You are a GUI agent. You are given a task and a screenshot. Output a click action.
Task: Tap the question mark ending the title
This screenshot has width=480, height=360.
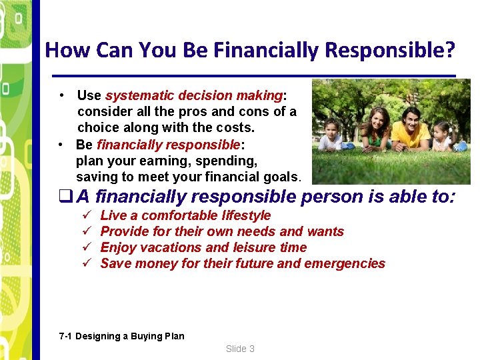tap(451, 50)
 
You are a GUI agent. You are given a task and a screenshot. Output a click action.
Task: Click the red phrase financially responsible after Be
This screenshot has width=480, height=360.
tap(168, 145)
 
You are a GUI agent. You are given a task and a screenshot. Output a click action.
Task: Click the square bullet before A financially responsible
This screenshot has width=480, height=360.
tap(65, 197)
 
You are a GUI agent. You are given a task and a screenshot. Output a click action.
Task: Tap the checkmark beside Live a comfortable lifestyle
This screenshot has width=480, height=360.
tap(86, 215)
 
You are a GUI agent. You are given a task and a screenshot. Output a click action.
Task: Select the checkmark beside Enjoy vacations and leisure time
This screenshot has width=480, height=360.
tap(86, 247)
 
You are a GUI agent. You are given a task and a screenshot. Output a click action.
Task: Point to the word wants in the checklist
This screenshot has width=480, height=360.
tap(325, 231)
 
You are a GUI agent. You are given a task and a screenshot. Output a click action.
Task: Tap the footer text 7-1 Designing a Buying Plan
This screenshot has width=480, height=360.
tap(121, 336)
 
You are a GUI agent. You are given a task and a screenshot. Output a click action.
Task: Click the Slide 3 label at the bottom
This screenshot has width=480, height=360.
tap(240, 349)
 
